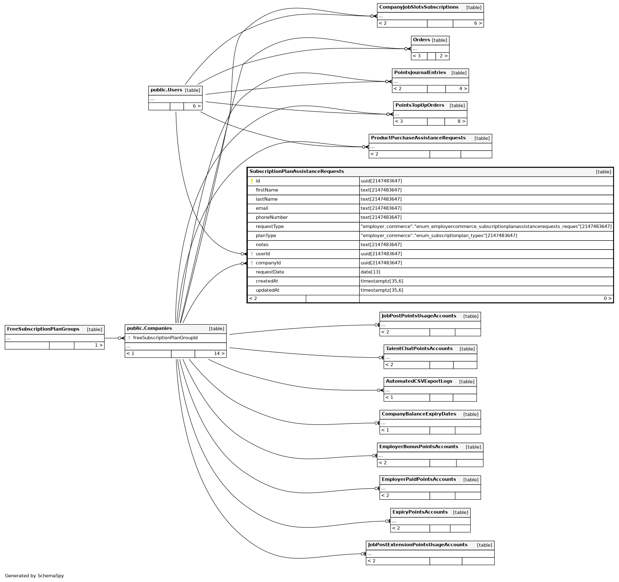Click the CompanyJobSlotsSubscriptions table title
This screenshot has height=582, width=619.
pos(419,7)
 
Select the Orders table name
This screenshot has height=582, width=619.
pos(421,40)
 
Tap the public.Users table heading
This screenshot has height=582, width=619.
pos(166,90)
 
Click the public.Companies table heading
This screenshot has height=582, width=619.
pos(149,328)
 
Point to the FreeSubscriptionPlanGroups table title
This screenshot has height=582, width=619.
pos(43,329)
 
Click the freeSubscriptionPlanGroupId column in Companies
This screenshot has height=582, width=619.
pos(165,338)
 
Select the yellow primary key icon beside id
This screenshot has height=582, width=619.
pos(252,181)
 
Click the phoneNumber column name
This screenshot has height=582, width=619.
pos(272,217)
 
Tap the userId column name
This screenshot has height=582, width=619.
pos(263,254)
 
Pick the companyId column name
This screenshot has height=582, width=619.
pos(268,263)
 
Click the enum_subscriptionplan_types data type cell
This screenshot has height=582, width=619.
pos(439,236)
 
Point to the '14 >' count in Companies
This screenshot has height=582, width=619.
pos(219,353)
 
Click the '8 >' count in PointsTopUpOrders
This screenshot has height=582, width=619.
pos(461,121)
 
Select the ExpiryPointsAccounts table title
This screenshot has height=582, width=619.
pos(420,512)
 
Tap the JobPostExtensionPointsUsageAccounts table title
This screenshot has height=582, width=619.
pos(418,545)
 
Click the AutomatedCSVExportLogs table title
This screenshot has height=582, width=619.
pos(419,381)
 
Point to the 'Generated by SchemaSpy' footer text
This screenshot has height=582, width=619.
pos(34,575)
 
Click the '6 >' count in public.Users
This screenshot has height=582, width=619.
pos(196,106)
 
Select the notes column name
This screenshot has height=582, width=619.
pos(262,245)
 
